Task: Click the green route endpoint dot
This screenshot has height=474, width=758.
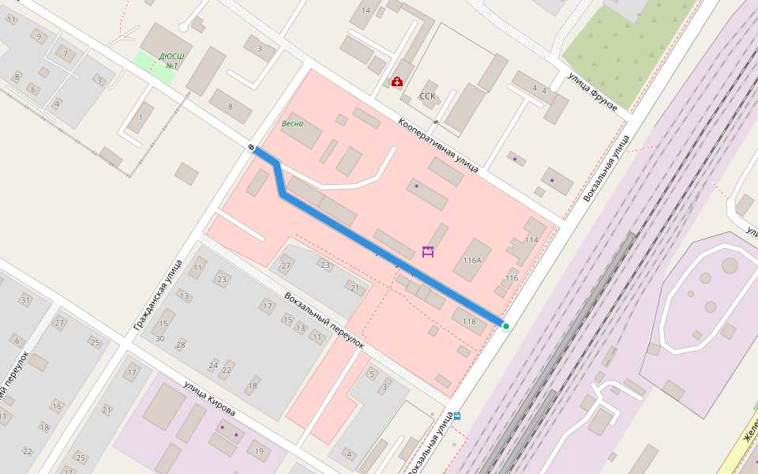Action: tap(506, 325)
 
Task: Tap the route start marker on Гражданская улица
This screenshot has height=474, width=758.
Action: tap(251, 148)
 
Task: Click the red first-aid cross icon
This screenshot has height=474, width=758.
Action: tap(396, 81)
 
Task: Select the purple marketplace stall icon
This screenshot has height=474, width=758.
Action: tap(428, 252)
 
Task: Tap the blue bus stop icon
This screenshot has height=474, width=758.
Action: tap(457, 415)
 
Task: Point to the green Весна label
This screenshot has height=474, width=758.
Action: tap(292, 124)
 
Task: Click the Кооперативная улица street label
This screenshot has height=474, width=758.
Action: tap(437, 145)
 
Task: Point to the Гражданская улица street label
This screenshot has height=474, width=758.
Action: tap(158, 295)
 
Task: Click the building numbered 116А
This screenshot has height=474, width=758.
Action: tap(472, 260)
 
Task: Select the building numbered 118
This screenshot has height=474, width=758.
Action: tap(469, 321)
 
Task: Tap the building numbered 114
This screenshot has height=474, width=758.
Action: tap(531, 240)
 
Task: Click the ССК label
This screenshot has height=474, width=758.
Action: tap(427, 96)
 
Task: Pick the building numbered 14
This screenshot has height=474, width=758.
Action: tap(365, 10)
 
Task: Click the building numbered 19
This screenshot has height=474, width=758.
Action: tap(259, 451)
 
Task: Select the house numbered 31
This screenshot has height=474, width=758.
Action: tap(25, 300)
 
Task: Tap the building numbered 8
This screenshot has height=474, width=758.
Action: tap(230, 107)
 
